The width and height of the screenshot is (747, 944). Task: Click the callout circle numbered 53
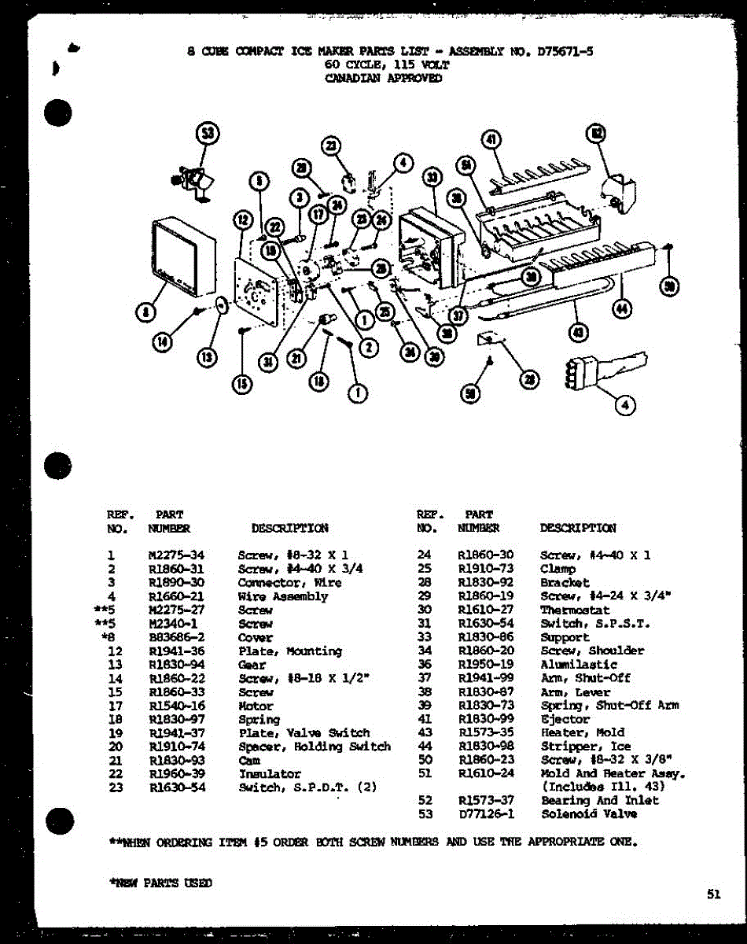(208, 134)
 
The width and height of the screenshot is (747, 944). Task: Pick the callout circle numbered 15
(242, 384)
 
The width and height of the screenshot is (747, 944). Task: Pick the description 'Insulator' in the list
(269, 774)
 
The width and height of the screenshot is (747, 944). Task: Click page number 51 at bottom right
(713, 893)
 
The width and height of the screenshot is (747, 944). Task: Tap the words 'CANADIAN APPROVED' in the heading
(383, 78)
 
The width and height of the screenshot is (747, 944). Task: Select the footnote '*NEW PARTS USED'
(160, 883)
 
